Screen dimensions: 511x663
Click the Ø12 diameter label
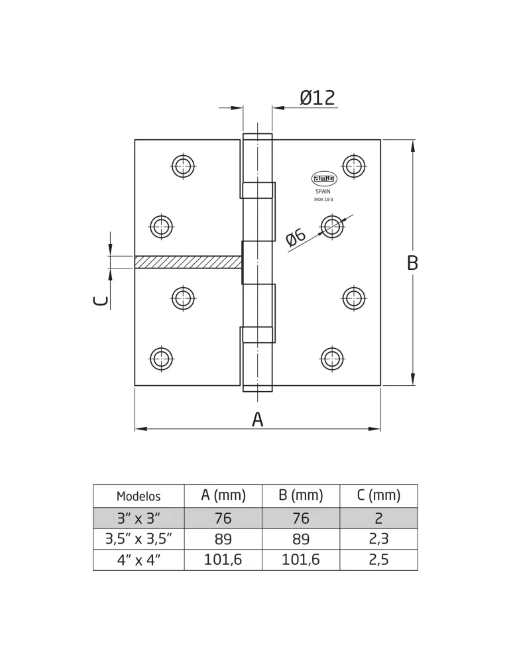coord(317,97)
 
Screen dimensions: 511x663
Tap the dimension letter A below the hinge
coord(257,420)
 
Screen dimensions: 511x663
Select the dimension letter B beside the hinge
coord(412,263)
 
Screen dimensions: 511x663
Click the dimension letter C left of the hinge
coord(100,301)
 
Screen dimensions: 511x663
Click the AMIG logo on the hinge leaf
coord(324,179)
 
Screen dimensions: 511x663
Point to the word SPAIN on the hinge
coord(323,192)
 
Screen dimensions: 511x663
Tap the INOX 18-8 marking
coord(323,200)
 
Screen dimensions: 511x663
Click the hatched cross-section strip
coord(188,262)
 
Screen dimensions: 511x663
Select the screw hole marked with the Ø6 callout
coord(332,226)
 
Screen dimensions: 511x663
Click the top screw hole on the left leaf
coord(184,166)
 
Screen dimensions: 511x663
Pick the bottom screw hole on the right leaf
coord(332,359)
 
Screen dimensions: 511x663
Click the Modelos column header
coord(139,496)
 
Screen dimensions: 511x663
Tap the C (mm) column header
coord(378,495)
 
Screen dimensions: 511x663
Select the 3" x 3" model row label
coord(139,518)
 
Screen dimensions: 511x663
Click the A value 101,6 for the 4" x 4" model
coord(223,560)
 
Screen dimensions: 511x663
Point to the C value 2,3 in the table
coord(378,538)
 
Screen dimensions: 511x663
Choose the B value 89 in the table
coord(300,539)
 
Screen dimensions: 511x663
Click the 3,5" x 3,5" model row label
coord(139,539)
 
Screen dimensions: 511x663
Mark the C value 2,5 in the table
coord(378,560)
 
